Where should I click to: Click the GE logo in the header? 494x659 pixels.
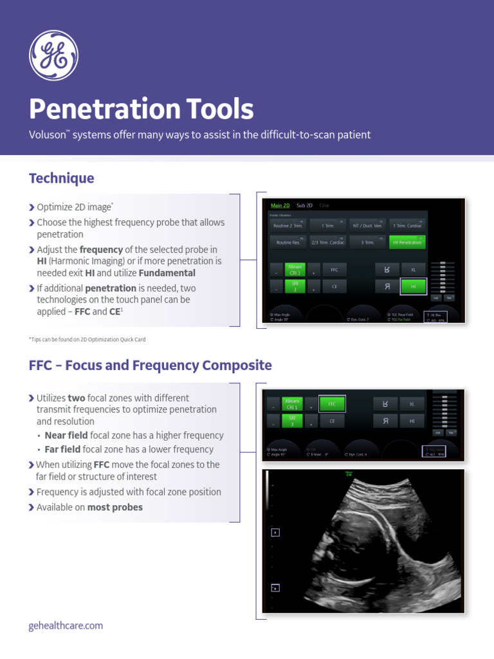[53, 56]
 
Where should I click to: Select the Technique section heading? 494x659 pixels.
[62, 178]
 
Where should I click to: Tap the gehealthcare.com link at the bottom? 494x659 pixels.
[66, 626]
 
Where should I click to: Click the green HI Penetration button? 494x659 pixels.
[407, 243]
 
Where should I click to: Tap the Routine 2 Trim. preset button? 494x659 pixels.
[288, 226]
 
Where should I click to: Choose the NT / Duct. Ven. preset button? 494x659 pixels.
[367, 226]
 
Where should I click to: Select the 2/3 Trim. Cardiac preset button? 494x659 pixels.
[328, 243]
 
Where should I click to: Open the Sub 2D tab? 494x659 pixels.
[304, 205]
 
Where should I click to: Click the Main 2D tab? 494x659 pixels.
[280, 205]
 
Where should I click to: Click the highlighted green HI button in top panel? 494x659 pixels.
[413, 286]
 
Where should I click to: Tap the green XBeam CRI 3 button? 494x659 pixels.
[295, 270]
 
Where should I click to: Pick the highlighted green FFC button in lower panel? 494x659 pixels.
[332, 404]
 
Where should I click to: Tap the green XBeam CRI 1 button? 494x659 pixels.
[292, 404]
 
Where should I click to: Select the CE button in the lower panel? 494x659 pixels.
[332, 421]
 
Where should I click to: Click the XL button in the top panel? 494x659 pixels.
[413, 270]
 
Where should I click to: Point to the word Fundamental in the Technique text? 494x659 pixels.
[167, 273]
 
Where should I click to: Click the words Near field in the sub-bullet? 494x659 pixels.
[66, 436]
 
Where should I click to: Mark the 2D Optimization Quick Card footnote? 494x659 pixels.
[91, 339]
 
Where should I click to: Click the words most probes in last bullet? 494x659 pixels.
[115, 507]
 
